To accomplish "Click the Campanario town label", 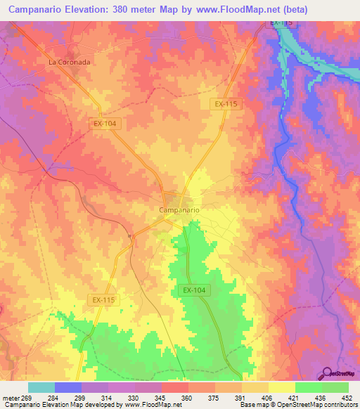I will [179, 210].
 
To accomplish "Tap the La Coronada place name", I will [70, 62].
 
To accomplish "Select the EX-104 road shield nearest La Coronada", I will [103, 122].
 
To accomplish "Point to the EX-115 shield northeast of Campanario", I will [226, 103].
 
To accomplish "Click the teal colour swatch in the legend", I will [41, 387].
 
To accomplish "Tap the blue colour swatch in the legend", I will [68, 387].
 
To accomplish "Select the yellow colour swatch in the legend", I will [281, 387].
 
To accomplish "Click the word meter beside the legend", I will [11, 397].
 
